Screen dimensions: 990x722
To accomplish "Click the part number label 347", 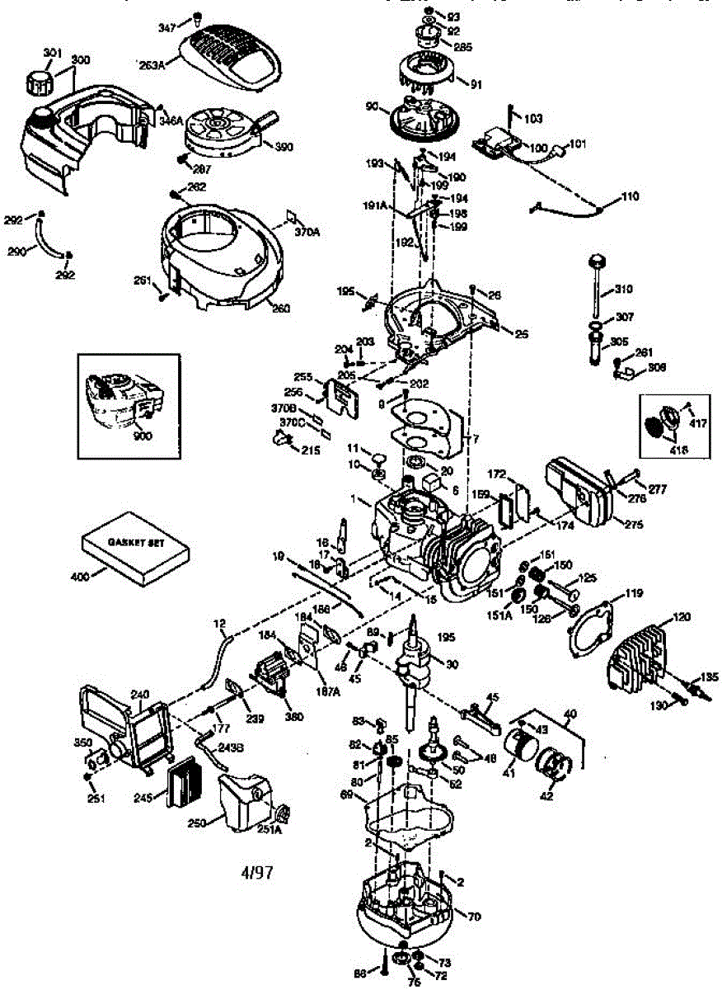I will (168, 28).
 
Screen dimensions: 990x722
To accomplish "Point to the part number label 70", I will (474, 916).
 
